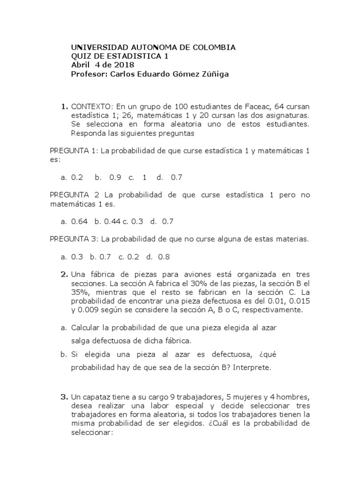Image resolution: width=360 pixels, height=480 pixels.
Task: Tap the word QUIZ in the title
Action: point(80,56)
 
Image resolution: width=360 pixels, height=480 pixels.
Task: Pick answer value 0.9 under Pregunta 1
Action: point(115,177)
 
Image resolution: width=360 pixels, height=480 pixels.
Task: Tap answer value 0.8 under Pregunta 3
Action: point(164,256)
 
